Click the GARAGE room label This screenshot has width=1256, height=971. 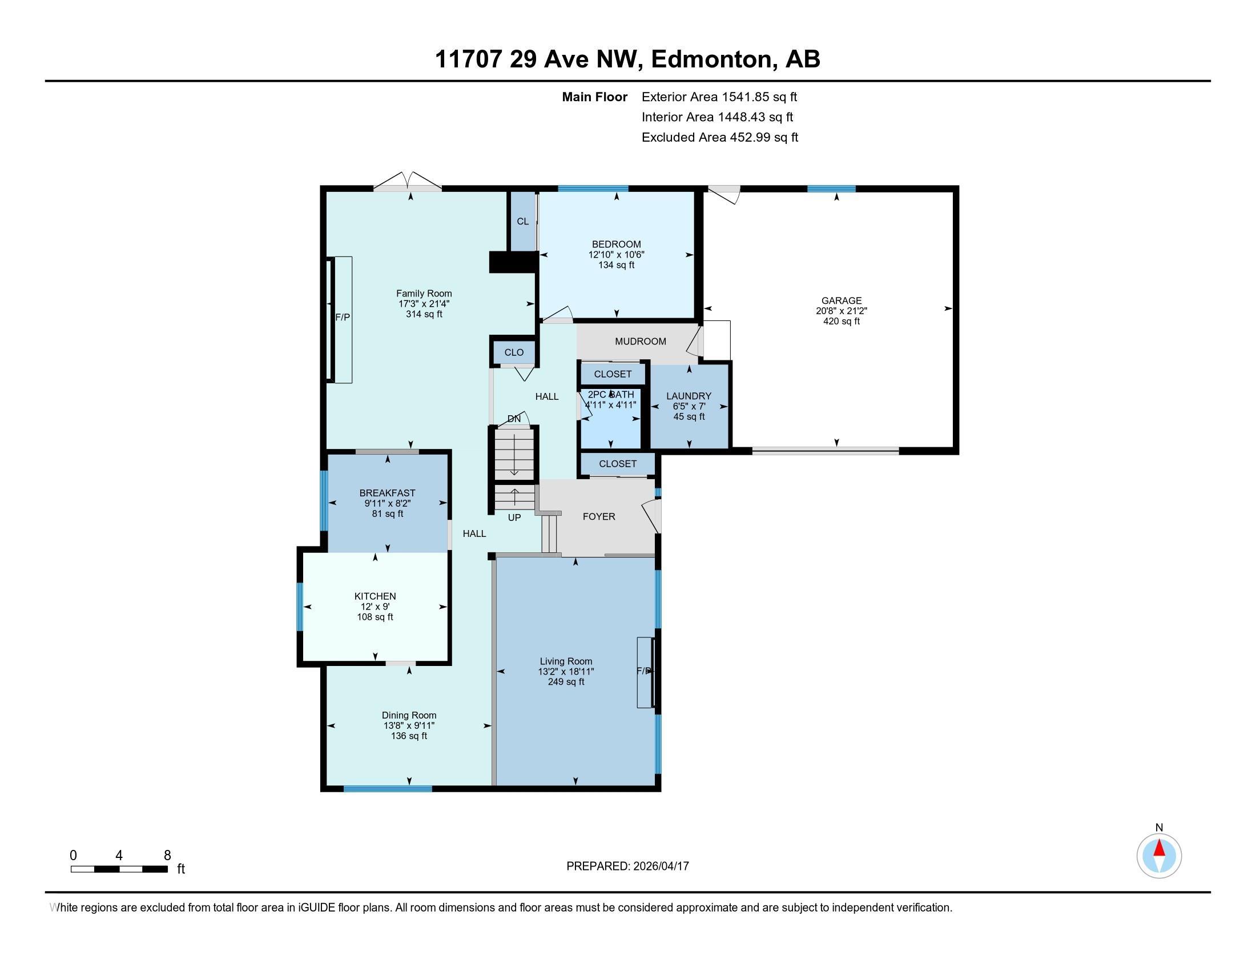841,300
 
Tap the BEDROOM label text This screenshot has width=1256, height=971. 617,244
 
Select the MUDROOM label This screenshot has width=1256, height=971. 640,341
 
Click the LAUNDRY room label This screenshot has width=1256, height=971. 689,396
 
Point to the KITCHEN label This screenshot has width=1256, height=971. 375,596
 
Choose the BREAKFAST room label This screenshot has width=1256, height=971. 387,493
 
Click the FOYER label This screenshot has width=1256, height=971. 599,516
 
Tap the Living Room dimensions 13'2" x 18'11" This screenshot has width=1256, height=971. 566,671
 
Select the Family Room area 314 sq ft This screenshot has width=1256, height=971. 424,314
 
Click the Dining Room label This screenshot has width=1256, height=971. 409,715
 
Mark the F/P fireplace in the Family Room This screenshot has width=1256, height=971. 343,318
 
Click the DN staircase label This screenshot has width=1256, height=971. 514,419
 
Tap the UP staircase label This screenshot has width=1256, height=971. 514,517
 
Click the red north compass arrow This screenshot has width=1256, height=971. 1160,848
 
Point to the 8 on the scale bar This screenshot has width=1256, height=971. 167,856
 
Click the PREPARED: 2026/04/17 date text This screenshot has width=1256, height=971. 627,866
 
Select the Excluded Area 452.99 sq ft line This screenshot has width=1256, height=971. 719,137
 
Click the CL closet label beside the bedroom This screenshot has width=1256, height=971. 522,222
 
